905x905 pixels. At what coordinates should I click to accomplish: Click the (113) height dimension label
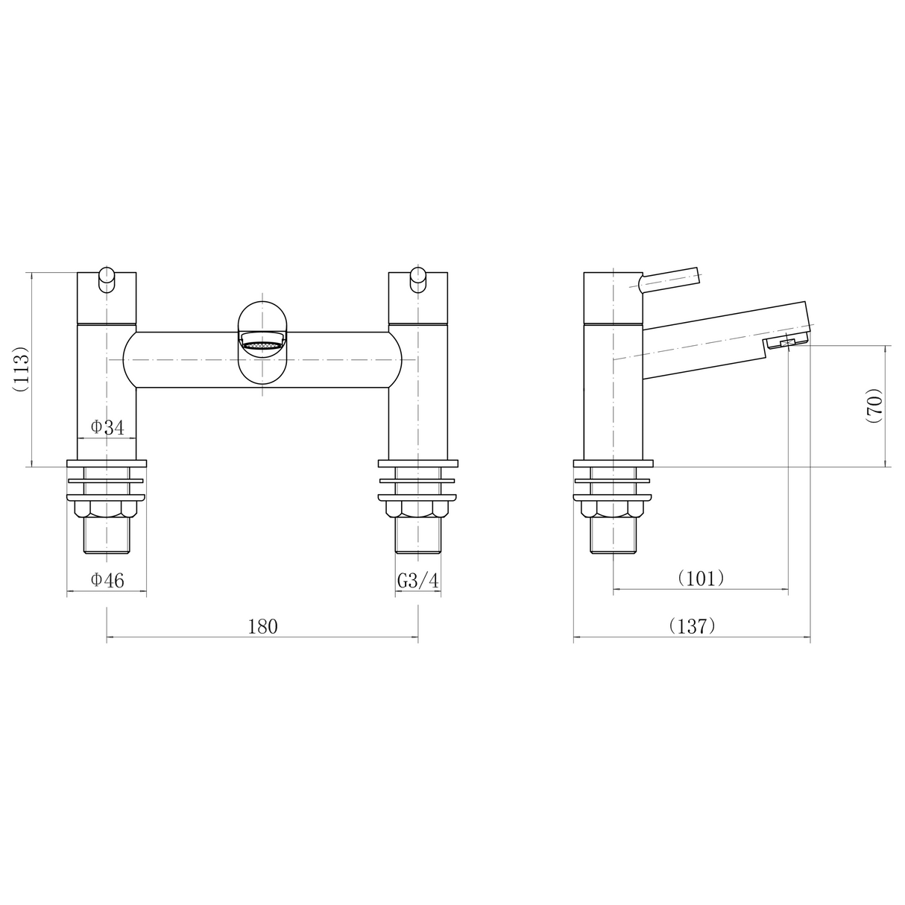click(20, 368)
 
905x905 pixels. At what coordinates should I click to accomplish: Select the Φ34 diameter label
click(107, 427)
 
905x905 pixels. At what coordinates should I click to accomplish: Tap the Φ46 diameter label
click(107, 580)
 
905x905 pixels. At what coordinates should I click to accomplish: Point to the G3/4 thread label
click(417, 581)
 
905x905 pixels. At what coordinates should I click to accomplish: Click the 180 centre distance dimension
click(262, 626)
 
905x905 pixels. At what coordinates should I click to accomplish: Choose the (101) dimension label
click(701, 578)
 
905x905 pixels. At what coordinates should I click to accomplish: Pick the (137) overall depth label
click(692, 626)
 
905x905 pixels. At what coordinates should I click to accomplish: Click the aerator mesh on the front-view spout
click(262, 345)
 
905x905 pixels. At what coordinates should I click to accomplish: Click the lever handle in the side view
click(669, 279)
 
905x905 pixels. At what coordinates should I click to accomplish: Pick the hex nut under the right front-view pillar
click(417, 509)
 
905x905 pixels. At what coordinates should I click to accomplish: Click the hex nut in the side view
click(613, 509)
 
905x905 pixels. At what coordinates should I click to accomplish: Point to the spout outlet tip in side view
click(786, 341)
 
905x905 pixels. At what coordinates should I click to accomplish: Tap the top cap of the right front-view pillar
click(417, 298)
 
